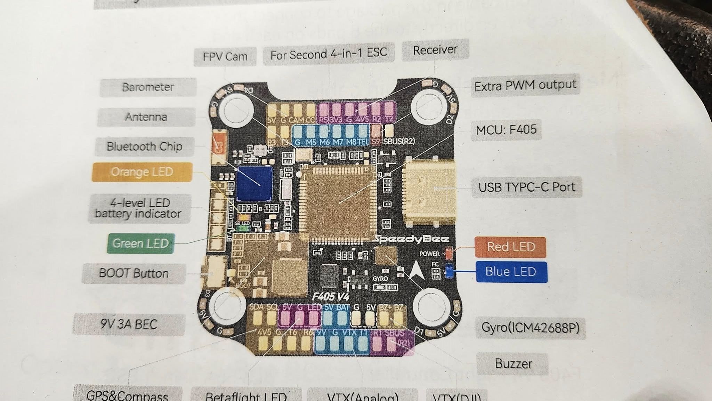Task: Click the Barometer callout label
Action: [x=148, y=87]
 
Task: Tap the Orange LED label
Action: [x=142, y=172]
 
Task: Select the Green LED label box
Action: [x=140, y=243]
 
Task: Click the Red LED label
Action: [x=510, y=247]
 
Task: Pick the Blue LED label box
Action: [x=511, y=272]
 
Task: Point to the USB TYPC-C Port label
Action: [x=527, y=187]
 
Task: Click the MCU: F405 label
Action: [x=506, y=130]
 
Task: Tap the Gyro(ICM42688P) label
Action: [x=530, y=328]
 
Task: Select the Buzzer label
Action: [x=513, y=364]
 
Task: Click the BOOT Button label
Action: [x=134, y=273]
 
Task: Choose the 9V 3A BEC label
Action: [x=129, y=324]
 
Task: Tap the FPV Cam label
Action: [x=225, y=56]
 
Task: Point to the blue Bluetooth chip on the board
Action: [x=254, y=183]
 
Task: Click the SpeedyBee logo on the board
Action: [x=411, y=239]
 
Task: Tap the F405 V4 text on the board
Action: [x=330, y=296]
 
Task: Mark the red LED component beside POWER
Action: [x=449, y=254]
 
